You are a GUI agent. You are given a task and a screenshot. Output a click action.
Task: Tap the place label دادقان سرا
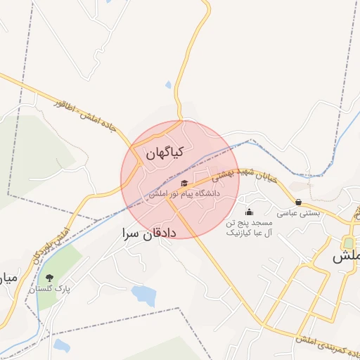coord(148,233)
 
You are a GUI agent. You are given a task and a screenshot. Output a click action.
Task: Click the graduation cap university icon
coord(185,184)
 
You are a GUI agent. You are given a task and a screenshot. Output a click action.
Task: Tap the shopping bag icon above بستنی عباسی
coord(298,202)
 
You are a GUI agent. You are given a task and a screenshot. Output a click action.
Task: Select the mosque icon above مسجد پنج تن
coord(248,212)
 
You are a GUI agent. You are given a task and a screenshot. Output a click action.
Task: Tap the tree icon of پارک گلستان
coord(49,278)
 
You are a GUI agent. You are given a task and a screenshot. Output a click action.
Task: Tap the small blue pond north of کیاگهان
coord(168,86)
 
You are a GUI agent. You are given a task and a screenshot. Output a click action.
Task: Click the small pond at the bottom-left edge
coord(61,345)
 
